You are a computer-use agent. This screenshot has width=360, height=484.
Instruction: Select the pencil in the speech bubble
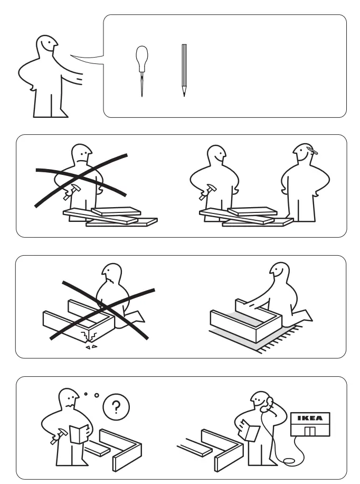pyautogui.click(x=184, y=69)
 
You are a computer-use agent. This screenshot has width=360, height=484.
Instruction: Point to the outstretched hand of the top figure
pyautogui.click(x=79, y=79)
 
